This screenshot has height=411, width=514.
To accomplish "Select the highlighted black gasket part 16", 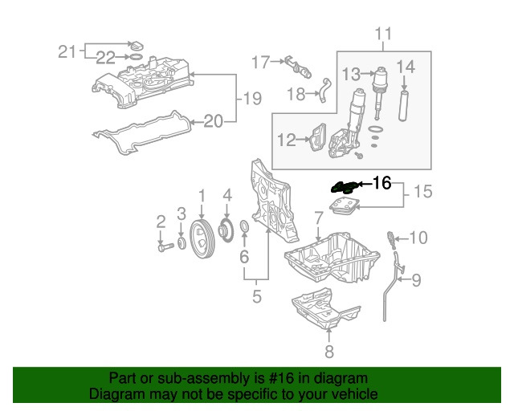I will pos(345,186).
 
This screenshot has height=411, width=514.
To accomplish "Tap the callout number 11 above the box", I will pos(384,34).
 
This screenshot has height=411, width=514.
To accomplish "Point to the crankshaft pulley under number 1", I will pos(202,239).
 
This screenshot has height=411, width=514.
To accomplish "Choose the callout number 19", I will pos(252,99).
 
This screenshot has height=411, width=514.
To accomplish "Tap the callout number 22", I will pos(106,56).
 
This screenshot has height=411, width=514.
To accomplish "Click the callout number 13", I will pos(351,74).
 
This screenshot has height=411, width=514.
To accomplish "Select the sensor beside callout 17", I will pos(294,62).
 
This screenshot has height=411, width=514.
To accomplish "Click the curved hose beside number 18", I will pos(325,89).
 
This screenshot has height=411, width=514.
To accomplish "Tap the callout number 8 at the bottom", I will pos(328,352).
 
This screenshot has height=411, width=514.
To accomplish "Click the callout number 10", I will pos(420,238).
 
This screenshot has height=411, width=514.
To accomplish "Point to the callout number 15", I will pos(422,193).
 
